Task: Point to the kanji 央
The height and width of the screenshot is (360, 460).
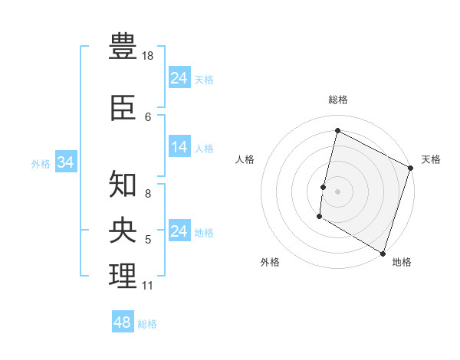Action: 123,230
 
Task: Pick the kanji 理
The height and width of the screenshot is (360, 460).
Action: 123,276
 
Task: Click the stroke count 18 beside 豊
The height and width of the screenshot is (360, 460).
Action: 148,56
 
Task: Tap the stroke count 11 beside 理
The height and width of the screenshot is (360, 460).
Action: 147,286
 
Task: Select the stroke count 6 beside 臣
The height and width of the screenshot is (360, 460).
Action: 148,116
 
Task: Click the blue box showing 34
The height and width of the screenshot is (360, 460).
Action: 65,162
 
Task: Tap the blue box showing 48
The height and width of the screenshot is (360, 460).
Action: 123,322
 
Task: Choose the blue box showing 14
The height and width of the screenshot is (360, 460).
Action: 179,148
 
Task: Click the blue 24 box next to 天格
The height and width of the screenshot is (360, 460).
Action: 179,78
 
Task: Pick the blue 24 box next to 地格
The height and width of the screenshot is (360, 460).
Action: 179,231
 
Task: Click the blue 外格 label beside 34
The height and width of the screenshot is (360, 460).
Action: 41,163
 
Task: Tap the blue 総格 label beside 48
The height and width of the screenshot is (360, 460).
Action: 147,324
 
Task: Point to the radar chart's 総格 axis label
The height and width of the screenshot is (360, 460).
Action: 337,100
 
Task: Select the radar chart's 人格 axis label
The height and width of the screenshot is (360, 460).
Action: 245,159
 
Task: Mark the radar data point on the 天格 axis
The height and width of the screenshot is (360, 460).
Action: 410,168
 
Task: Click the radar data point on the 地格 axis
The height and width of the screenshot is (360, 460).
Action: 383,253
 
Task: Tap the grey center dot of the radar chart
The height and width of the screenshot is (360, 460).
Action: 337,191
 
